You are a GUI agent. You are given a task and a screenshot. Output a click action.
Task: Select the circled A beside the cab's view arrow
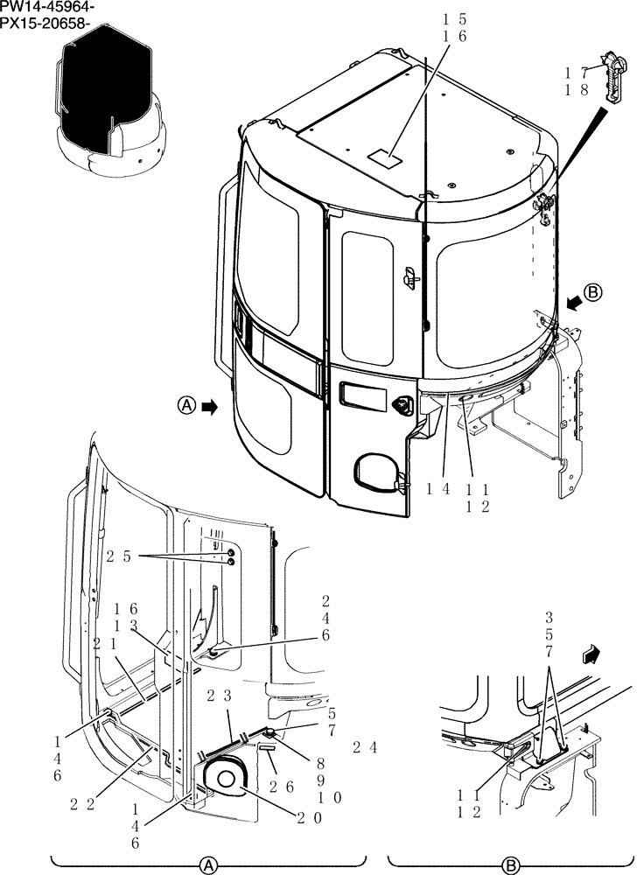click(x=186, y=406)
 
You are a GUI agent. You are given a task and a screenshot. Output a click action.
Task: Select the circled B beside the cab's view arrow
click(x=593, y=294)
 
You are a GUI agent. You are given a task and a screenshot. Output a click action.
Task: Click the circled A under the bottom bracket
click(x=208, y=864)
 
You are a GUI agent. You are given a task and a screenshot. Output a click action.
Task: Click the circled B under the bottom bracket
click(x=510, y=864)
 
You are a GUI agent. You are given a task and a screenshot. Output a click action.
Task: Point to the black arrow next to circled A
click(x=210, y=406)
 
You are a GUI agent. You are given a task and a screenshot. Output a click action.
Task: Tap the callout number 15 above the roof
click(x=454, y=18)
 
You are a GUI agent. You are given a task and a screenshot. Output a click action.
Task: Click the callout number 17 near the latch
click(x=575, y=73)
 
